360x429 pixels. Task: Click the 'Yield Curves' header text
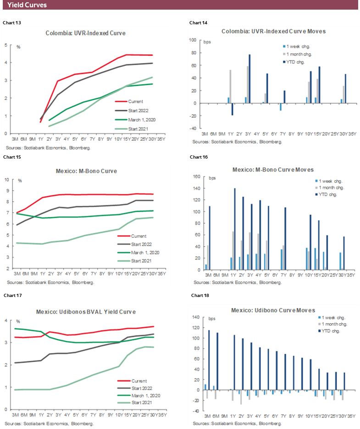tap(27, 5)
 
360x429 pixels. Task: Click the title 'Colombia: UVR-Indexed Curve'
tap(85, 33)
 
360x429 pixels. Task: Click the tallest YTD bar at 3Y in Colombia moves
tap(250, 78)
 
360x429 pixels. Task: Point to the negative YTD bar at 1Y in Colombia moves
tap(232, 109)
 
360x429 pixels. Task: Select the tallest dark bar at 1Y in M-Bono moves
tap(234, 229)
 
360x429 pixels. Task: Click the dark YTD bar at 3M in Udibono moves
tap(209, 360)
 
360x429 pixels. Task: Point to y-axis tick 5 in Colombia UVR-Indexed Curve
tap(6, 45)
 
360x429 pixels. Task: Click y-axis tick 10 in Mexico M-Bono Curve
tap(7, 179)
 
